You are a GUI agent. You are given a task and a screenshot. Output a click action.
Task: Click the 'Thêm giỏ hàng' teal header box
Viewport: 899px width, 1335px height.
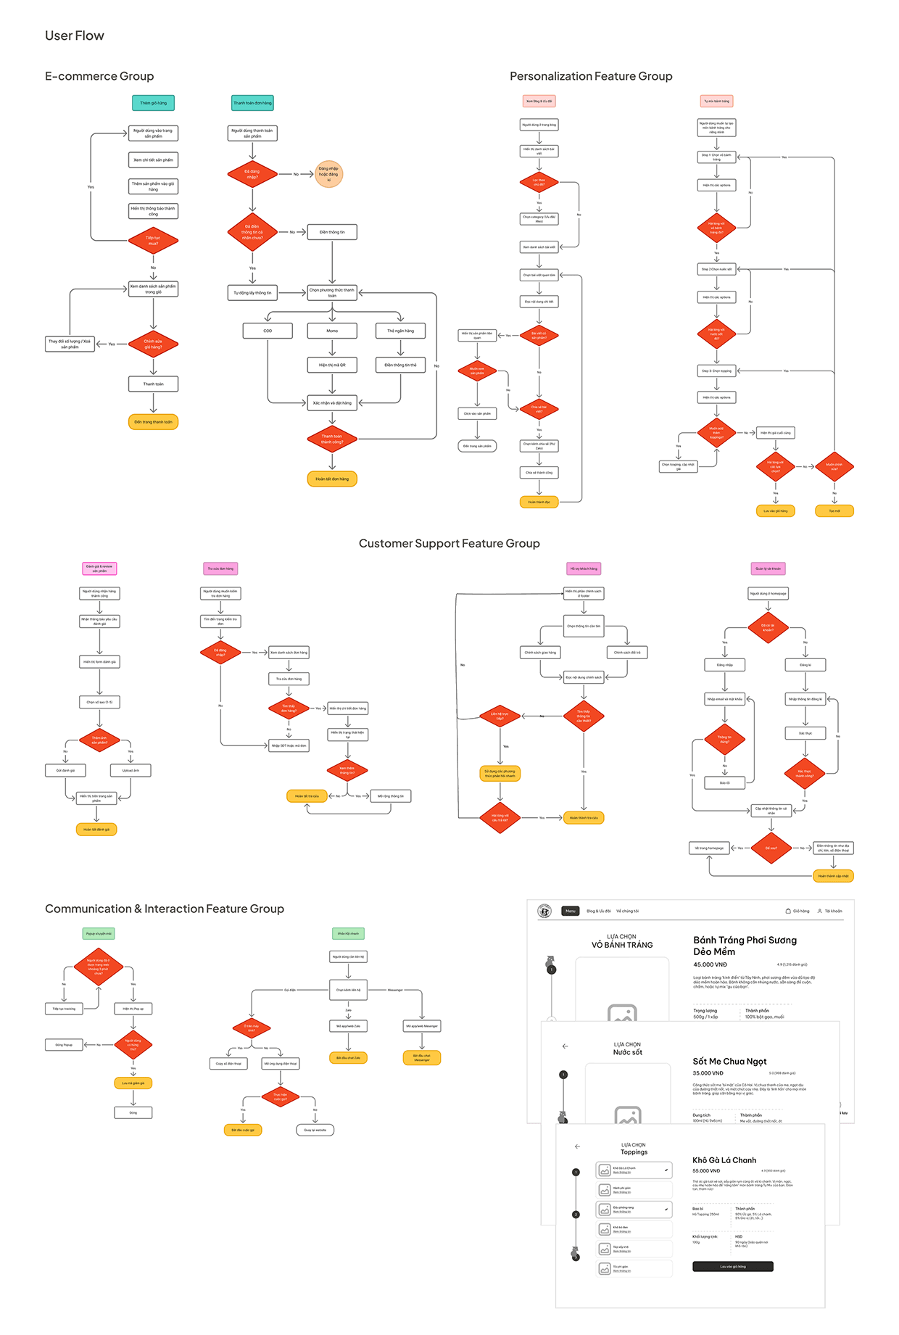point(153,103)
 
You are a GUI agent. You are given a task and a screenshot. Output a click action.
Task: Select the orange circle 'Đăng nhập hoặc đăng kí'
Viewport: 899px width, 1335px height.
point(328,174)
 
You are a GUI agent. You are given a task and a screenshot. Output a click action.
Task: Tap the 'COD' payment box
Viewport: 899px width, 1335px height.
point(268,331)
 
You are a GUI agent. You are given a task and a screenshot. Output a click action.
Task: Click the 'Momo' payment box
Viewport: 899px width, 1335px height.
point(332,331)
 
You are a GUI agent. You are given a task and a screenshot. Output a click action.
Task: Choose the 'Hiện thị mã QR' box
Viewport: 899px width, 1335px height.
point(332,365)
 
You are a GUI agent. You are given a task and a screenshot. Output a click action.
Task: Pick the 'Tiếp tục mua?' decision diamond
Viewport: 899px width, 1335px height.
point(153,241)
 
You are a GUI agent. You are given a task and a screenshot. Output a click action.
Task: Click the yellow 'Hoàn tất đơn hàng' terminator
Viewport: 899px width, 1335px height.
point(332,479)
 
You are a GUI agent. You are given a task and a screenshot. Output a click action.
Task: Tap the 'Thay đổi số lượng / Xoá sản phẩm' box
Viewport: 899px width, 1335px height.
point(70,344)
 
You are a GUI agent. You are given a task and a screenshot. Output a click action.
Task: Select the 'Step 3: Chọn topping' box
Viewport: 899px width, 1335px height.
point(716,371)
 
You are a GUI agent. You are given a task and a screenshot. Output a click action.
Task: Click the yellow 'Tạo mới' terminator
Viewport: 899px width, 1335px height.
point(834,511)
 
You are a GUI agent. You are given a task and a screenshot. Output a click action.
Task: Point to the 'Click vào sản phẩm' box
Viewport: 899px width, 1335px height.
point(477,413)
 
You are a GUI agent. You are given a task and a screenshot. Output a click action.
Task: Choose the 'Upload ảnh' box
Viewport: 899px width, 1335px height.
point(130,770)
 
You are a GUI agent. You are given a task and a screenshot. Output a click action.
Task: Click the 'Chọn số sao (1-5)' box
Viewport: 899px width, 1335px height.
point(99,702)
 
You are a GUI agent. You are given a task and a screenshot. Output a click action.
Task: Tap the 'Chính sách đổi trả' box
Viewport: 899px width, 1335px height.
point(627,653)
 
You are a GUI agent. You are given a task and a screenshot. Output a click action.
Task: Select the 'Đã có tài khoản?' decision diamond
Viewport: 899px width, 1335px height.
point(768,628)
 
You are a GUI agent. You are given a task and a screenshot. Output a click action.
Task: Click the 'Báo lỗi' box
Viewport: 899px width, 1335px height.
point(724,783)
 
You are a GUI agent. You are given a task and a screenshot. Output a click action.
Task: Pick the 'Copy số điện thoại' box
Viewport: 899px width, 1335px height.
point(228,1064)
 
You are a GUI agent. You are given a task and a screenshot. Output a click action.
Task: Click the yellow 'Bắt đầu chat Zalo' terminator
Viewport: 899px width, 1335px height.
point(348,1058)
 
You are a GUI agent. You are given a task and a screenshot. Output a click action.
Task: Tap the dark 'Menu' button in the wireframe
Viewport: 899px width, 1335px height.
point(571,911)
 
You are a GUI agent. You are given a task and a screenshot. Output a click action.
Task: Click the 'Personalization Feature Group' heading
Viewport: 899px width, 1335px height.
point(591,76)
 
